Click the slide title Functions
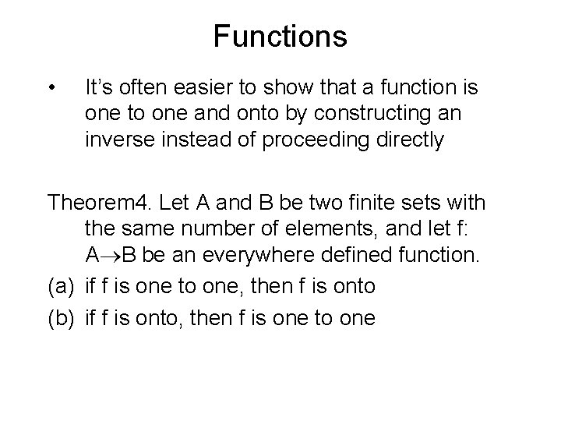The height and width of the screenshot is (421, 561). click(x=280, y=36)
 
